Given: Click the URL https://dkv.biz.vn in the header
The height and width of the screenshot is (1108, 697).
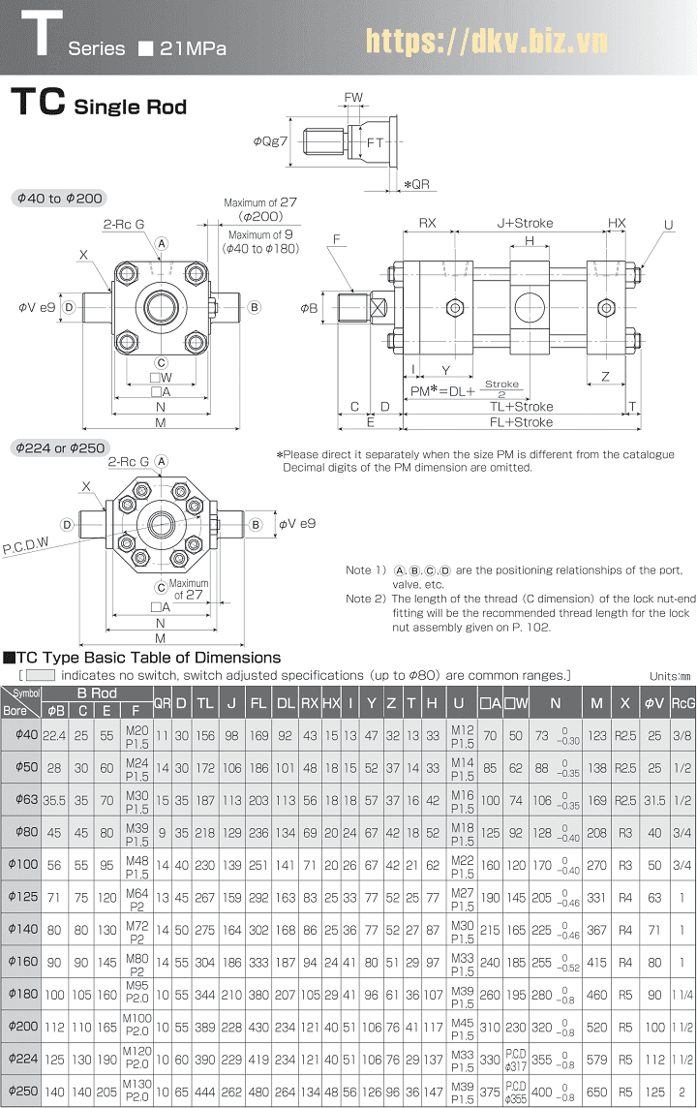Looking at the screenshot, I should [x=486, y=41].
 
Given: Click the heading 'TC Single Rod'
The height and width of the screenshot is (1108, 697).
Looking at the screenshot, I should [x=98, y=105].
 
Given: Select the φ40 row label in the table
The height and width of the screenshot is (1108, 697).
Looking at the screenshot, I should [x=20, y=735].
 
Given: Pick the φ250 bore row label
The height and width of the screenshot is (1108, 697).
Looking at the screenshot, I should [x=20, y=1090].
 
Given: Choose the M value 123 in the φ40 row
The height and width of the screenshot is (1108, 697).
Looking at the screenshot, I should [x=596, y=735].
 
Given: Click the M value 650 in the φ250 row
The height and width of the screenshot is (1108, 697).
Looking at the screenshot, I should [x=596, y=1090].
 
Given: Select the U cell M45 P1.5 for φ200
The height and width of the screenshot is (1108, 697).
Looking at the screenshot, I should [x=462, y=1025].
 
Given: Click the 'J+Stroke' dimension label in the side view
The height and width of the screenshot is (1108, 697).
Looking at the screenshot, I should [x=525, y=223].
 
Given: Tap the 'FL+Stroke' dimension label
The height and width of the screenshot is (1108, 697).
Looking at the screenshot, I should [x=521, y=422].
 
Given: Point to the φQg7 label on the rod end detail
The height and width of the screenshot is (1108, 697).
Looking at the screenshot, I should [x=271, y=141].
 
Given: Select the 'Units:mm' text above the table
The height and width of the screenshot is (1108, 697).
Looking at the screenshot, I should [x=670, y=676].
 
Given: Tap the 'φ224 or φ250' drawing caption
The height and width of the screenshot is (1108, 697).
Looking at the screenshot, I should [x=59, y=447].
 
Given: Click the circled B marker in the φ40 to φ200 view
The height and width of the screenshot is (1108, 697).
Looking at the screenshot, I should [x=255, y=308].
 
